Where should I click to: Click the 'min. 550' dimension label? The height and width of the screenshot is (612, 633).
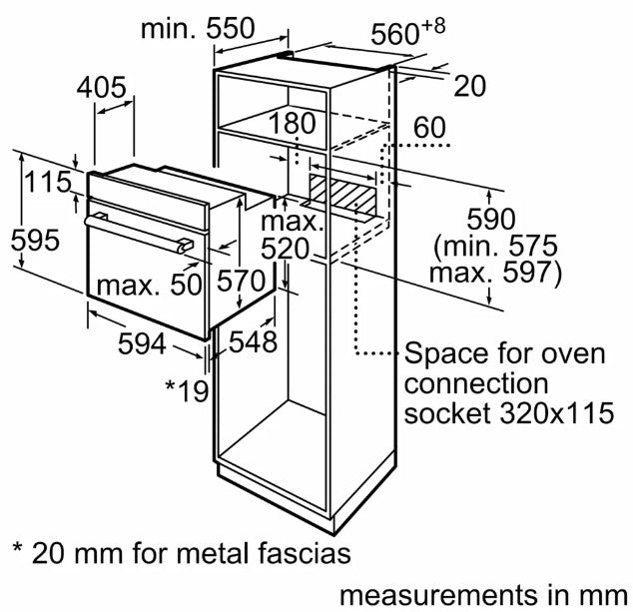[x=198, y=29]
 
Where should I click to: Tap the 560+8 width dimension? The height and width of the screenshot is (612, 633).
[x=408, y=32]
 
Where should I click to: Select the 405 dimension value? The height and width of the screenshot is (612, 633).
[x=101, y=87]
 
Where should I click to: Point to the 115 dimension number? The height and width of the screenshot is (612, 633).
[x=48, y=182]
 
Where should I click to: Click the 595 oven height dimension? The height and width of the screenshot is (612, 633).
[x=35, y=240]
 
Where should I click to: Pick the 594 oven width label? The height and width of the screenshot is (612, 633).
[x=142, y=343]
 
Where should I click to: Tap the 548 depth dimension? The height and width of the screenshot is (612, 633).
[x=254, y=341]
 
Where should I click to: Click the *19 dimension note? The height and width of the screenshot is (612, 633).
[x=187, y=390]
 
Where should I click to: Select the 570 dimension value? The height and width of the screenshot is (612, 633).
[x=241, y=281]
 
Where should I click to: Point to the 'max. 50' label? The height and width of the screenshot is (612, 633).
[x=150, y=285]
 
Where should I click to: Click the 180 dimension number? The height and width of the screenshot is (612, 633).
[x=292, y=123]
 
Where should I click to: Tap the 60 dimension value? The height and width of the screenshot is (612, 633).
[x=430, y=128]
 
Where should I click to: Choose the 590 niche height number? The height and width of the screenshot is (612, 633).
[x=491, y=219]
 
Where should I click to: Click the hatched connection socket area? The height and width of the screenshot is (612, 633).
[x=343, y=194]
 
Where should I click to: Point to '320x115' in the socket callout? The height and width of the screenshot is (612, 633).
[x=557, y=412]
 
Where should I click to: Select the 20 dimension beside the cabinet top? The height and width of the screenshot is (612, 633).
[x=469, y=86]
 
